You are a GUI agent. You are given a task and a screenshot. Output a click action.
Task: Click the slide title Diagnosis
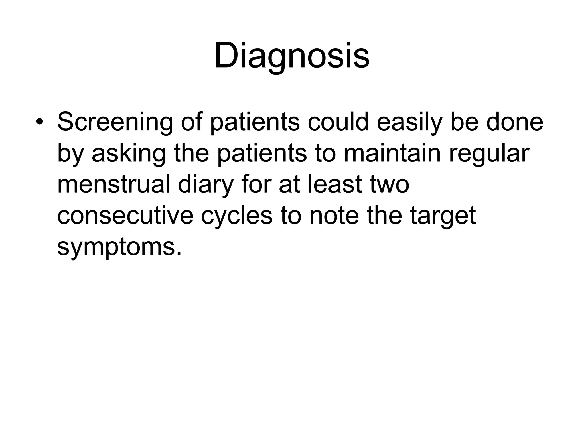click(292, 56)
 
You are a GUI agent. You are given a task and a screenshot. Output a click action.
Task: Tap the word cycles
click(237, 216)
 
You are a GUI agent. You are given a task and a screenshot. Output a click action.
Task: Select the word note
click(334, 216)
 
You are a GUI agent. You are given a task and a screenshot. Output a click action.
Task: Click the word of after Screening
click(191, 122)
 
